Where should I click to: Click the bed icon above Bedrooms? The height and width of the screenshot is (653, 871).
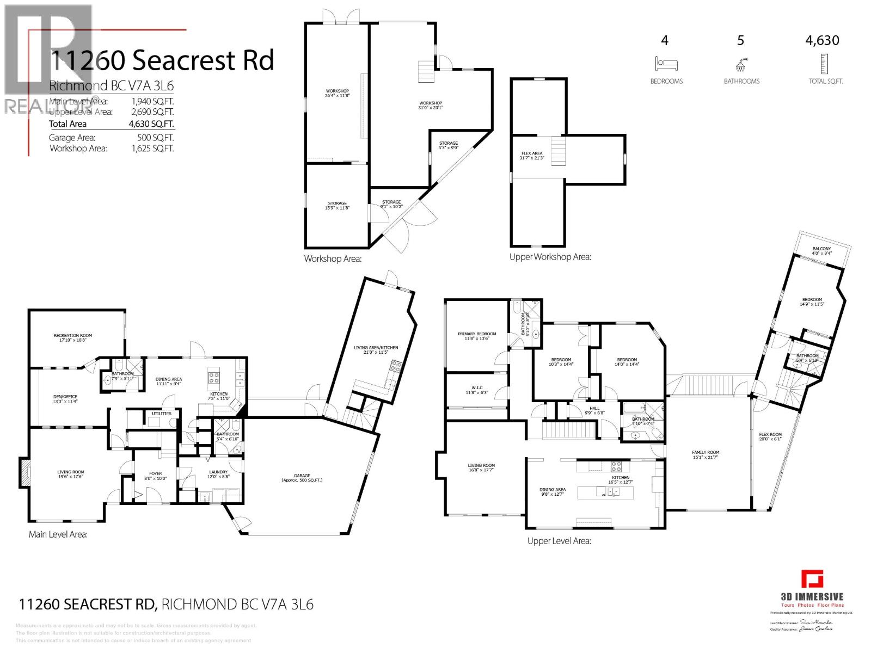coord(666,64)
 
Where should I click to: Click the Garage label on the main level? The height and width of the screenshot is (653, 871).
coord(302,477)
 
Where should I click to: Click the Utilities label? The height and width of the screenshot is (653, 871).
coord(161,414)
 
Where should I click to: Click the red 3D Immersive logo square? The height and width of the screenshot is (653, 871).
coord(812,579)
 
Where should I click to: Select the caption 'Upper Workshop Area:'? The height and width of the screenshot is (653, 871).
coord(550,257)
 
